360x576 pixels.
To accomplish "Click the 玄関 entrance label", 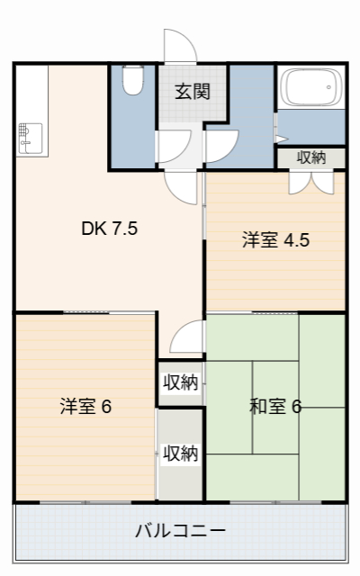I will pos(193,91).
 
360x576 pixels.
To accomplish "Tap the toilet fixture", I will pos(133,82).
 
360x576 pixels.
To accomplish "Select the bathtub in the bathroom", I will pos(310,88).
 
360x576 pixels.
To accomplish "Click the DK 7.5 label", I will pos(109,229).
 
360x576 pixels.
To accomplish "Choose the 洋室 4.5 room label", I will pos(275,240).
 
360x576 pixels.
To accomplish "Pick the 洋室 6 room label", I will pos(85,406).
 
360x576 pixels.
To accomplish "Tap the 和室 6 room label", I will pos(274,406).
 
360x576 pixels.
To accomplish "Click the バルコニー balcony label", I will pos(180,529).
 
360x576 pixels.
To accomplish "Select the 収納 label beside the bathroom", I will pos(311,157).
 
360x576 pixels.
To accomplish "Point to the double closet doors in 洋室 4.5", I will pos(311,180).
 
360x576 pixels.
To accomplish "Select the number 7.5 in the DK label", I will pos(124,229).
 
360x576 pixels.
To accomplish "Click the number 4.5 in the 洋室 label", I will pos(297,240).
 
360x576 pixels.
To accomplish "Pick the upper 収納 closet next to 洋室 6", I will pos(180,382).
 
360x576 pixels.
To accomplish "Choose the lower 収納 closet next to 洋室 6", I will pos(180,453).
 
